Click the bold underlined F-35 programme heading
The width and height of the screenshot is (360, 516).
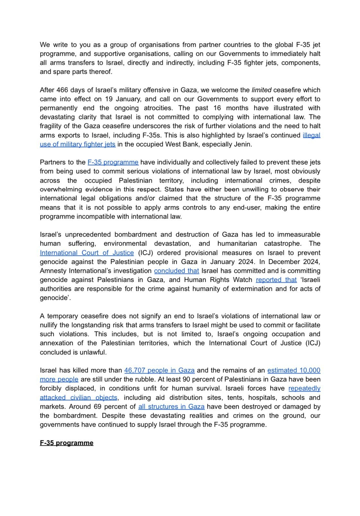(66, 443)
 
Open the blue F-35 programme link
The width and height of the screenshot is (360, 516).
(113, 162)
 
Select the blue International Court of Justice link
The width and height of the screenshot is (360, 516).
(87, 253)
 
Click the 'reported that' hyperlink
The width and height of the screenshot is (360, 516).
(276, 280)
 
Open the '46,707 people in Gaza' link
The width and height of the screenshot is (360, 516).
(159, 370)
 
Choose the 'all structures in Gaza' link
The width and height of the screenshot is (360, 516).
(171, 407)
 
